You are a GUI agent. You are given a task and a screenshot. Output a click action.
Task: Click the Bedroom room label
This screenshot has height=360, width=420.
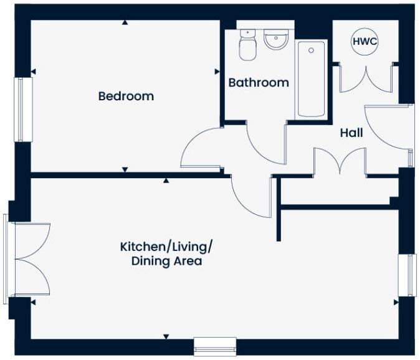[x=126, y=97]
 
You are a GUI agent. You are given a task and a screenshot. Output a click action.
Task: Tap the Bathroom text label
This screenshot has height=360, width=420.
[x=258, y=82]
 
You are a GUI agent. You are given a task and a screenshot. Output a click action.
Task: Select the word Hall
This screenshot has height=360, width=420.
[x=351, y=133]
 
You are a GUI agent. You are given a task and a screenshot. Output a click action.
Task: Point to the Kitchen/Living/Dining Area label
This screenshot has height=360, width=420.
[x=166, y=253]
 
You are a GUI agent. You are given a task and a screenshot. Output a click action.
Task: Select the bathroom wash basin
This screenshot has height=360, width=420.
[x=275, y=40]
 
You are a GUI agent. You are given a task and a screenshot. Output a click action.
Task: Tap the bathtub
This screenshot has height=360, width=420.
[x=311, y=78]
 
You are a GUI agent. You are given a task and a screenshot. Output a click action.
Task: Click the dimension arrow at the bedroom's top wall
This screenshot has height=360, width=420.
[x=125, y=22]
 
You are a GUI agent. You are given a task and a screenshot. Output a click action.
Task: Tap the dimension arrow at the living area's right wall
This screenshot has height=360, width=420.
[x=396, y=302]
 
